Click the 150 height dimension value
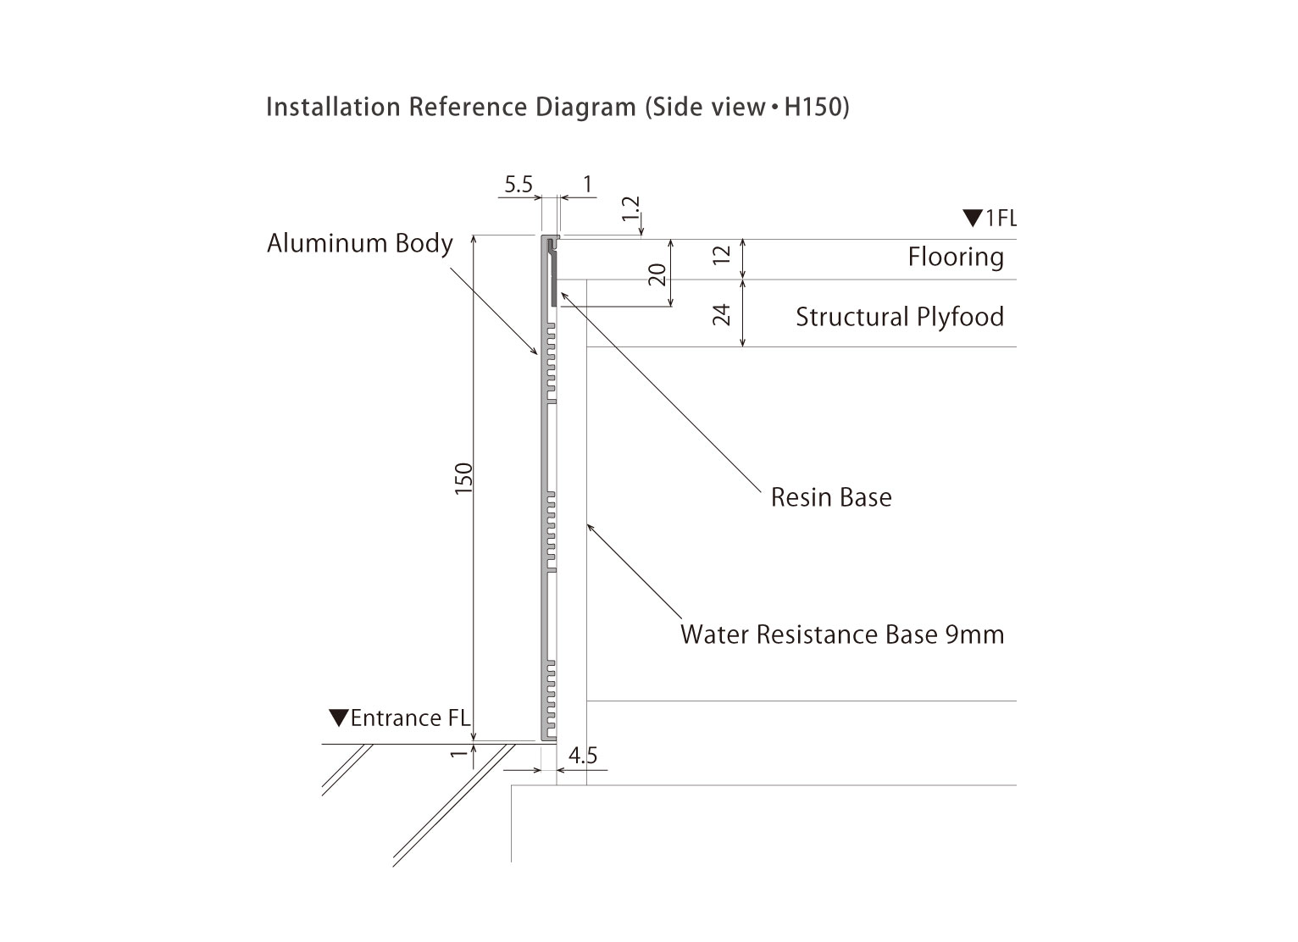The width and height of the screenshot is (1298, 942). coord(463,479)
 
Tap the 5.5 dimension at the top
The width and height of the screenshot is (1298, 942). coord(518,185)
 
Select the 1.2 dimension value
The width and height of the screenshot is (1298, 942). coord(631,209)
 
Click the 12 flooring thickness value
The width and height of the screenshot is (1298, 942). coord(722,255)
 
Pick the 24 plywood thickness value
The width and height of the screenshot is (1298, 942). coord(722,314)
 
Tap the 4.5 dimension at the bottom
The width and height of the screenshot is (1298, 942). coord(583,755)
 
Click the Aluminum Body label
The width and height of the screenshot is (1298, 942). coord(360,244)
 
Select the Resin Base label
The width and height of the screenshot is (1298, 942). coord(831,497)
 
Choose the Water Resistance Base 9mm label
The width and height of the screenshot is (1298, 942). coord(842,634)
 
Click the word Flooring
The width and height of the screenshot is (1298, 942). coord(956,257)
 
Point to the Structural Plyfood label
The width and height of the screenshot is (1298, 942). coord(900,317)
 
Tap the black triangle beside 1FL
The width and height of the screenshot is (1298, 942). coord(972,219)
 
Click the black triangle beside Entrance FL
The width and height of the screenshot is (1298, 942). coord(339,718)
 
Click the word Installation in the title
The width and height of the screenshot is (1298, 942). coord(333,108)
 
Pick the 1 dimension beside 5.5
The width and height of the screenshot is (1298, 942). coord(587,185)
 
